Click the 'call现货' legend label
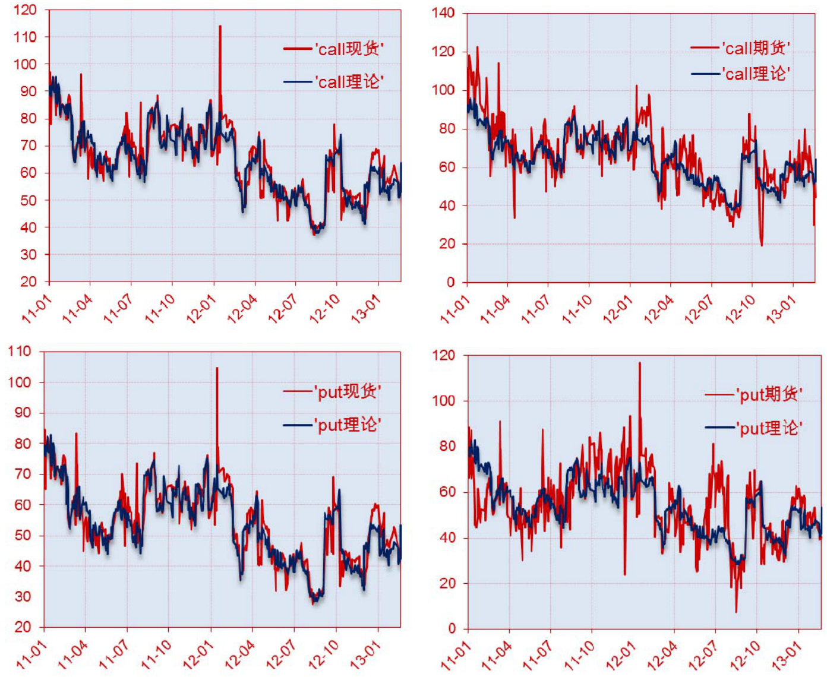349,49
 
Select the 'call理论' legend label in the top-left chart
349,81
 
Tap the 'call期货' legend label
756,48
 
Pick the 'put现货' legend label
349,391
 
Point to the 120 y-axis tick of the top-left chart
25,10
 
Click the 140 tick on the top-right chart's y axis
443,13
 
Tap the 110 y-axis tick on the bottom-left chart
20,352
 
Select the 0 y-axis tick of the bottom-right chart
452,628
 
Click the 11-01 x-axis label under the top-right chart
454,311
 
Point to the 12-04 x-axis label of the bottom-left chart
240,655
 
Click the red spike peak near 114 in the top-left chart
220,26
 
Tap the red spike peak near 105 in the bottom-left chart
217,368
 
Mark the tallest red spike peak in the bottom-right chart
640,363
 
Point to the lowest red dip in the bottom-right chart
736,612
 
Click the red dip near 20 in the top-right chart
762,245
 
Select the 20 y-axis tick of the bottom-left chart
23,627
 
